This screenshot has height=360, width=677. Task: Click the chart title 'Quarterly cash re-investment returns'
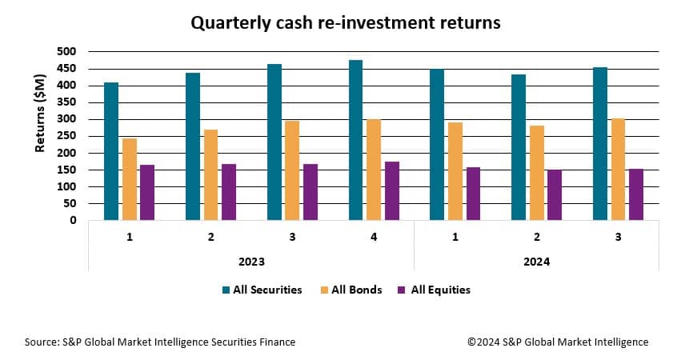(x=346, y=23)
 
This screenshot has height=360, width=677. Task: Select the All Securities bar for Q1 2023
(x=111, y=151)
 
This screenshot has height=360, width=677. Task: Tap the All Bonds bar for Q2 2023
(x=210, y=175)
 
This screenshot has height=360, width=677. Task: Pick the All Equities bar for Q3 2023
(x=310, y=192)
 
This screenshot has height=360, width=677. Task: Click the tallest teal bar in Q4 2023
(x=355, y=140)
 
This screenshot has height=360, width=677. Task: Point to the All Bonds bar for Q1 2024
(x=455, y=171)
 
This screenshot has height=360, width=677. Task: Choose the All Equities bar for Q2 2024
(x=555, y=195)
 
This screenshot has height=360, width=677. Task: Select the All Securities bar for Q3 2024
(x=600, y=144)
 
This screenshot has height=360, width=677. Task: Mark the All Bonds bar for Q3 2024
(x=619, y=170)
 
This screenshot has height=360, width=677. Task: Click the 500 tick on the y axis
(x=66, y=52)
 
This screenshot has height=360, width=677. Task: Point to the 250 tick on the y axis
(x=66, y=136)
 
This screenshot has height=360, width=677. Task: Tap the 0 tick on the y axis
(x=73, y=220)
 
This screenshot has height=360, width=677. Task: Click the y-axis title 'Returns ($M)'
(x=40, y=113)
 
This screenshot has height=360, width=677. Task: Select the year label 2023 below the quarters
(x=252, y=262)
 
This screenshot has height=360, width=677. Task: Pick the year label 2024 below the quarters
(x=537, y=262)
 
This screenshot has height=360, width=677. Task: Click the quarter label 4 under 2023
(x=374, y=237)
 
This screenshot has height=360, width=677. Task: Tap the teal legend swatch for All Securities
(x=226, y=290)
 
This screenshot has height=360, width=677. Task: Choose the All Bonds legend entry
(x=351, y=290)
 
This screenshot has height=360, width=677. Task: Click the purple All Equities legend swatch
(x=402, y=290)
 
